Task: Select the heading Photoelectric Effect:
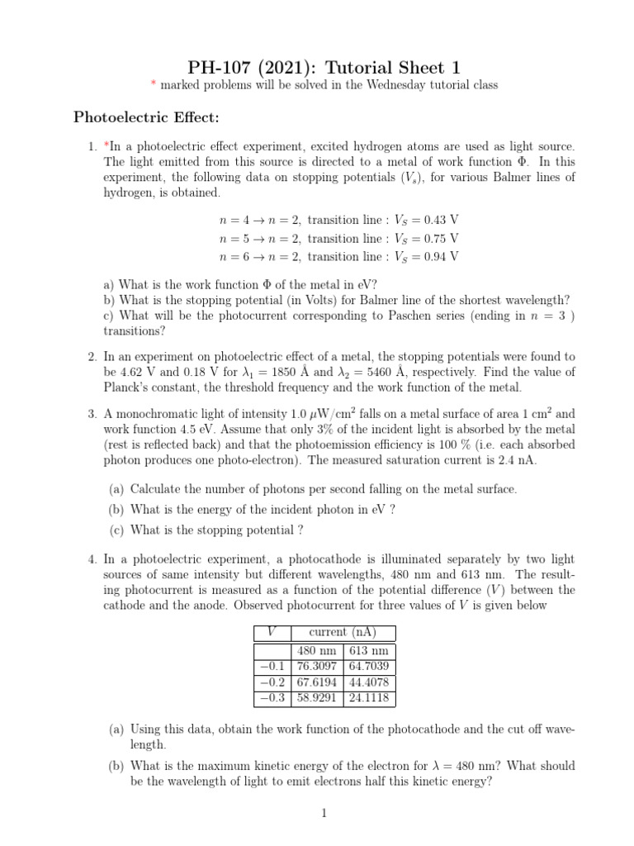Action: pyautogui.click(x=147, y=117)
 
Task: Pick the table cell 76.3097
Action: pyautogui.click(x=316, y=666)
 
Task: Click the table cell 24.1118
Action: pyautogui.click(x=369, y=698)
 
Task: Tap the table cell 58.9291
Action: pyautogui.click(x=316, y=698)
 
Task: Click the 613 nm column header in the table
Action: pyautogui.click(x=369, y=650)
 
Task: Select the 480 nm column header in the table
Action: pyautogui.click(x=316, y=650)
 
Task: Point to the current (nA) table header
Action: pyautogui.click(x=342, y=632)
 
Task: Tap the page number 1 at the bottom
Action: pyautogui.click(x=324, y=814)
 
